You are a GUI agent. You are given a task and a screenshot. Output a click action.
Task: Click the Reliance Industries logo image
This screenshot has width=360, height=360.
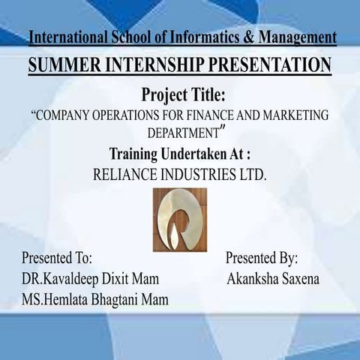[180, 220]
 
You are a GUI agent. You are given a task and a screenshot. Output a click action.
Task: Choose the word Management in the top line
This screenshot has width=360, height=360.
[295, 37]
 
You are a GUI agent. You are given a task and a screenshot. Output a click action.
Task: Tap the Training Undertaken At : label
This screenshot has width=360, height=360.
[179, 154]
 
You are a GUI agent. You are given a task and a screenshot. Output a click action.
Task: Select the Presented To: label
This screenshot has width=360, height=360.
[56, 259]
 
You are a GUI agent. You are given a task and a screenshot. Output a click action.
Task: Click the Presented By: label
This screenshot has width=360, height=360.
[262, 259]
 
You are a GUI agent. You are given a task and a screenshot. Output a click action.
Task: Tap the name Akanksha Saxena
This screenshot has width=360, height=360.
[273, 279]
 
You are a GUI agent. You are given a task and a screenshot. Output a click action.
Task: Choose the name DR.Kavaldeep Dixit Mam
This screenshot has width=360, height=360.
[90, 279]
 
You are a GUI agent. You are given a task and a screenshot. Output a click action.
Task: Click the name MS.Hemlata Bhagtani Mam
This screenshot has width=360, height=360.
[95, 299]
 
